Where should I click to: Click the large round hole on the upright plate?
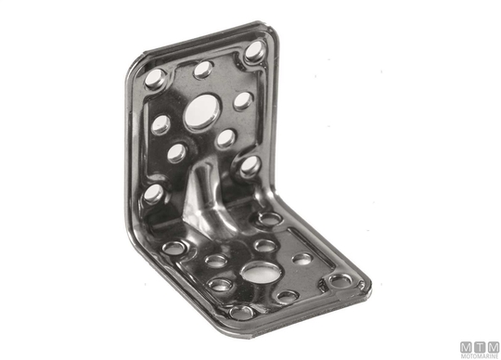click(202, 111)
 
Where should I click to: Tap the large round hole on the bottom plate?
click(261, 272)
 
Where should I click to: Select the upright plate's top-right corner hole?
click(255, 51)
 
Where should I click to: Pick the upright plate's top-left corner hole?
click(155, 78)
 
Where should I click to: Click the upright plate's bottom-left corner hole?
click(153, 194)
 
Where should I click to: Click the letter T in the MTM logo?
click(480, 347)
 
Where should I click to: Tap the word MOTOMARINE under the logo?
click(480, 356)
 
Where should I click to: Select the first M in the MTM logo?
click(467, 347)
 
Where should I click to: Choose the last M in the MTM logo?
click(494, 347)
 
